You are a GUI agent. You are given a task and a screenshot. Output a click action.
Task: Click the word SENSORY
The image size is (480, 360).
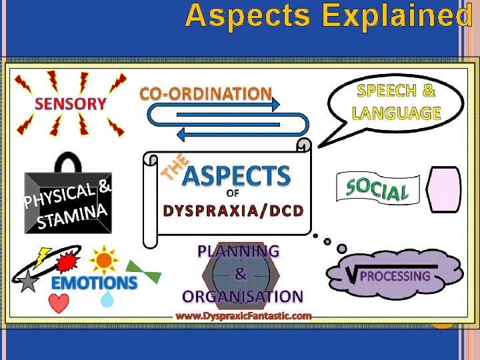click(x=71, y=103)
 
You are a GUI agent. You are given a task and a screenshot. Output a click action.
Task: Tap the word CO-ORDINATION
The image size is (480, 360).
click(x=206, y=94)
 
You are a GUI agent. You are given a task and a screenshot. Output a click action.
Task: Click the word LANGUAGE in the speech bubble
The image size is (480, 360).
click(x=397, y=113)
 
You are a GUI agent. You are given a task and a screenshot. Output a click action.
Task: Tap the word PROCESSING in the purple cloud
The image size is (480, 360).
click(x=395, y=276)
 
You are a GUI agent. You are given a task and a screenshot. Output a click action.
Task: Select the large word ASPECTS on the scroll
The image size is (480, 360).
click(x=236, y=176)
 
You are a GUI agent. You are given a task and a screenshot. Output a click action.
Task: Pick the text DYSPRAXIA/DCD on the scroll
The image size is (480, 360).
click(x=233, y=211)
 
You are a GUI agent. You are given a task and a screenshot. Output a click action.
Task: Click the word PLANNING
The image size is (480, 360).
click(x=239, y=251)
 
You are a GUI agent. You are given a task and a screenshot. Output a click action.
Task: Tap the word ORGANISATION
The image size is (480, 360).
click(x=243, y=296)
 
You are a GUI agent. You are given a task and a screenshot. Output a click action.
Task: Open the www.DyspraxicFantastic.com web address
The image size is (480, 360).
click(x=243, y=315)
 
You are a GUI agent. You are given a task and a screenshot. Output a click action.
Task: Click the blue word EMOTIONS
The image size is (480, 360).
click(x=95, y=283)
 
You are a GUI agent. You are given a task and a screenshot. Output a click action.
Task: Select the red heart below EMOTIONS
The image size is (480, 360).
click(x=59, y=303)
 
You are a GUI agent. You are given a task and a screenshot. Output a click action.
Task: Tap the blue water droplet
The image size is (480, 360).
click(x=107, y=300)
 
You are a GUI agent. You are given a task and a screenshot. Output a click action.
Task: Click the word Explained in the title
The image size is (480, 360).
click(x=397, y=16)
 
